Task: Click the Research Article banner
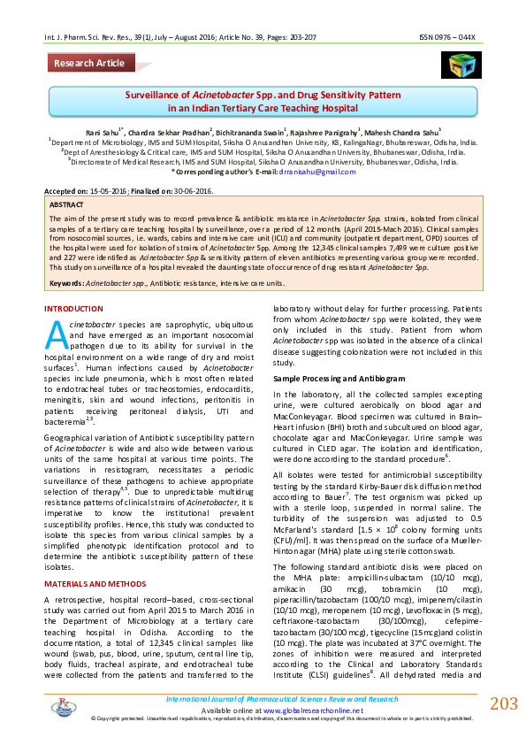89,63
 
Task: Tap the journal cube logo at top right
460,65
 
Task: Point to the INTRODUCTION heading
73,308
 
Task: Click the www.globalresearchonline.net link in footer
302,710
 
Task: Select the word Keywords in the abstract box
66,282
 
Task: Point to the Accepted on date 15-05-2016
109,190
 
